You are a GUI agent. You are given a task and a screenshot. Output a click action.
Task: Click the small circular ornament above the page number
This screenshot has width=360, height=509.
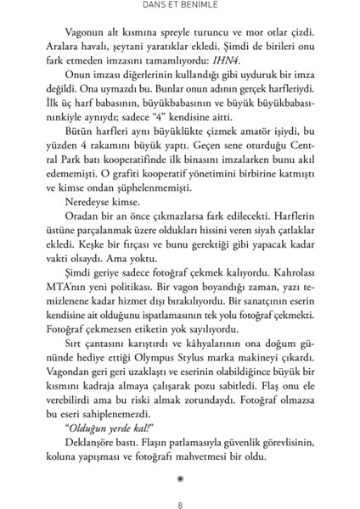(x=180, y=477)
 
